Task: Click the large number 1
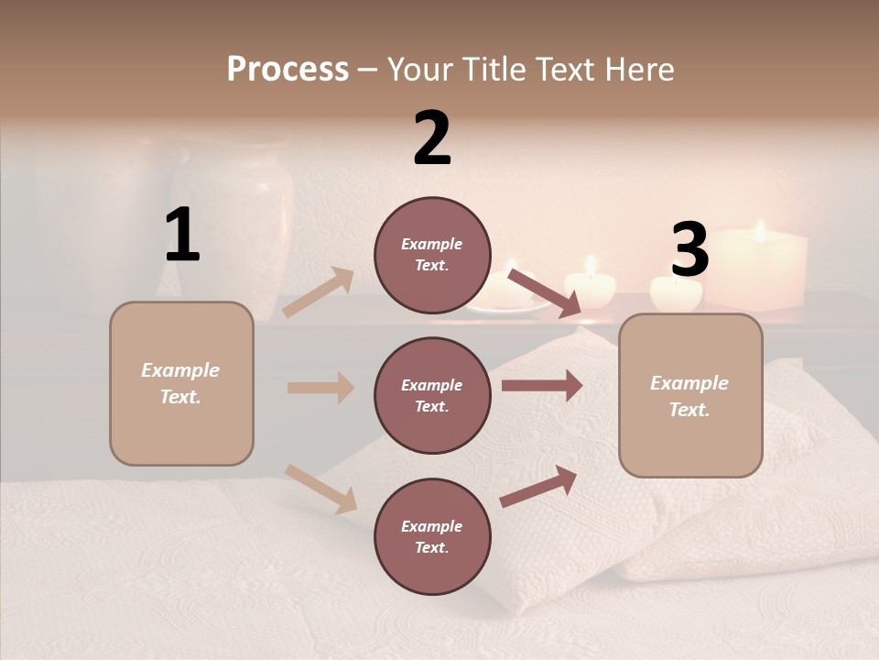pos(182,236)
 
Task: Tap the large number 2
pos(432,138)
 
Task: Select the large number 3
pos(689,250)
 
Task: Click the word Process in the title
pos(288,69)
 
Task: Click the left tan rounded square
pos(181,383)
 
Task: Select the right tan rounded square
pos(690,395)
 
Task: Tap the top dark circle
pos(432,255)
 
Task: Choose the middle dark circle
pos(432,395)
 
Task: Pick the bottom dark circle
pos(432,536)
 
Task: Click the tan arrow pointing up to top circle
pos(320,292)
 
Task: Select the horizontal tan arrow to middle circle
pos(320,388)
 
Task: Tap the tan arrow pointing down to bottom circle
pos(321,489)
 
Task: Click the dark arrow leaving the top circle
pos(545,293)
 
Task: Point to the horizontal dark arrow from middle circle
pos(541,386)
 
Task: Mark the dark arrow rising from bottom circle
pos(539,486)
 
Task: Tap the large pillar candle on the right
pos(759,269)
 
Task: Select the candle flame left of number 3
pos(591,265)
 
